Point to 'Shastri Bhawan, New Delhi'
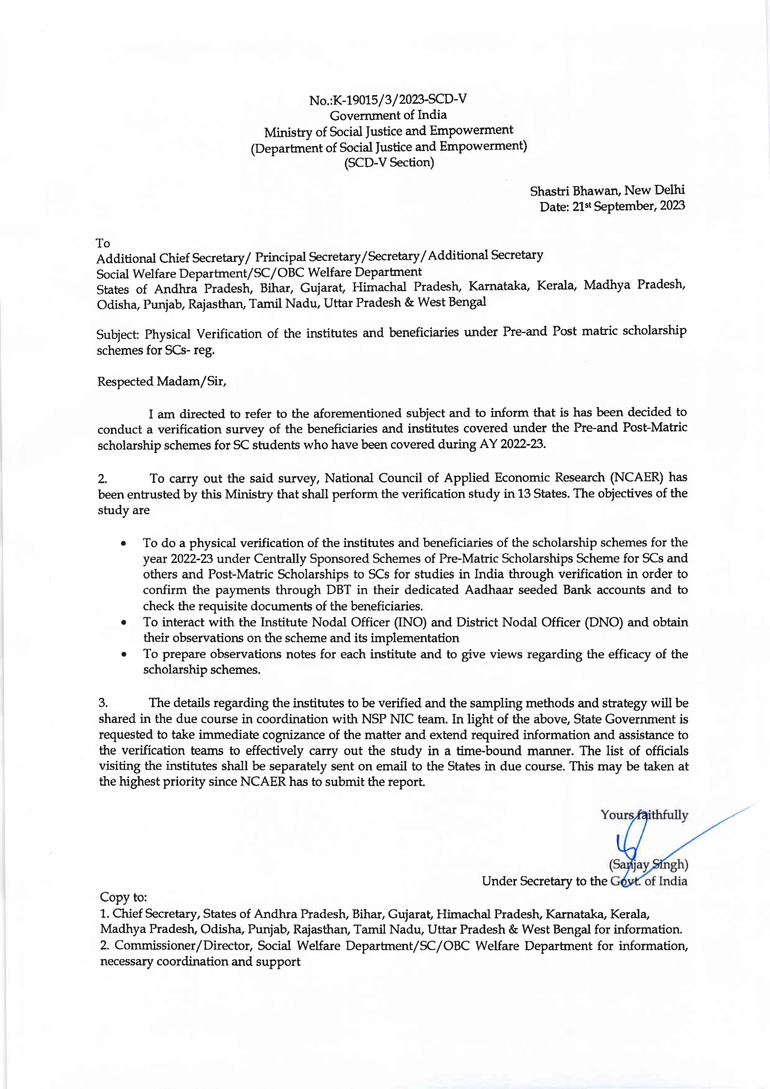[607, 191]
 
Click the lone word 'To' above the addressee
[103, 243]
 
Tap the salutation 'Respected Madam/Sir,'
[162, 381]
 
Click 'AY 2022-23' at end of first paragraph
[510, 444]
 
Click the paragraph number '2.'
[102, 479]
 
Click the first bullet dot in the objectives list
[123, 543]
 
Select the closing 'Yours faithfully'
[644, 815]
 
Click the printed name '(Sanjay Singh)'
[648, 864]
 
